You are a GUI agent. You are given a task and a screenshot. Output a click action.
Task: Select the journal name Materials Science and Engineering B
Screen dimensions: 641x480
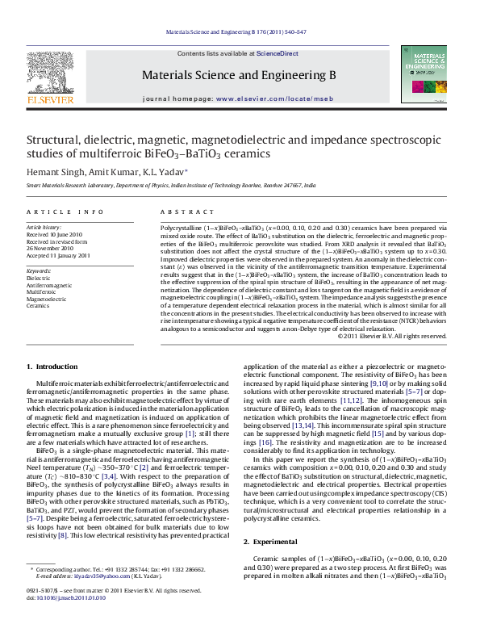pos(239,76)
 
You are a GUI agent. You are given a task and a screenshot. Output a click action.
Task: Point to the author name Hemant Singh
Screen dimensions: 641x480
pos(51,172)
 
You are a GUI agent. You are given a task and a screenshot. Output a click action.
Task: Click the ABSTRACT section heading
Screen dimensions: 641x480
pos(180,212)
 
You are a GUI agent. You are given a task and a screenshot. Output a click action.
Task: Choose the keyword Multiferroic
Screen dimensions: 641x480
pos(43,291)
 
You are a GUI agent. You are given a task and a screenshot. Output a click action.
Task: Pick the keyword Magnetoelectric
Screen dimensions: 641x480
pos(47,299)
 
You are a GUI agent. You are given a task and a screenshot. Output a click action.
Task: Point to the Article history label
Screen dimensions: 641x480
pos(44,228)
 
